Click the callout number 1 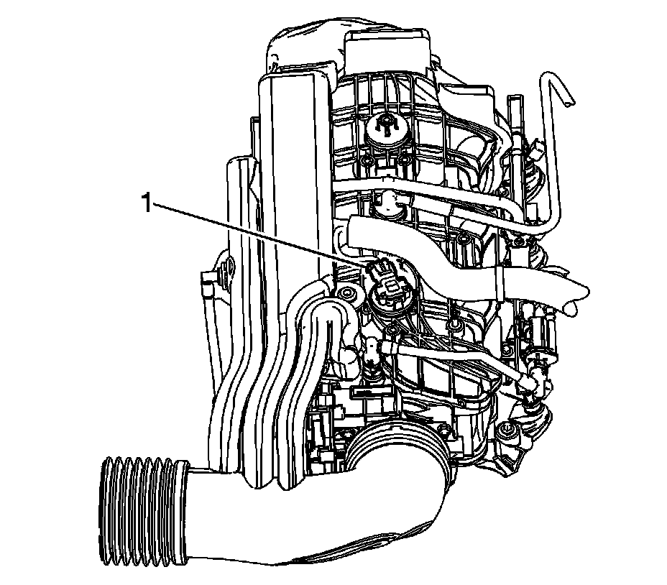click(147, 203)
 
